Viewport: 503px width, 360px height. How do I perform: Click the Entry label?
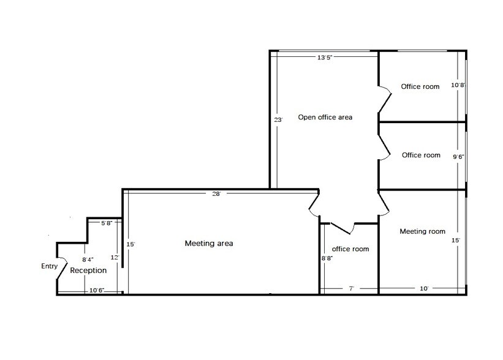click(50, 266)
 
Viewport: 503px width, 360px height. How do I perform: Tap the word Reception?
click(88, 270)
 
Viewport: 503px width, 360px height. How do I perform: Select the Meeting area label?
click(209, 243)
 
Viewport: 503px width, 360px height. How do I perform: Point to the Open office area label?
click(325, 118)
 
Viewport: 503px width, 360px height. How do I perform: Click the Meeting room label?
click(423, 231)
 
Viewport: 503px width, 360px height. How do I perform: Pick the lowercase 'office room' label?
click(350, 249)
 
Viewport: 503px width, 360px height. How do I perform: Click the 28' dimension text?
click(216, 194)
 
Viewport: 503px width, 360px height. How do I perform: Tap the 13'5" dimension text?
click(325, 58)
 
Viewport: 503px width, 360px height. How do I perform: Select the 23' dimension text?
click(278, 120)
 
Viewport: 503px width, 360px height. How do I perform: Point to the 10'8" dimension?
click(458, 85)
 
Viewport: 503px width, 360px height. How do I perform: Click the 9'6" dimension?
click(458, 157)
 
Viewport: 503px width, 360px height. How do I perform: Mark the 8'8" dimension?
click(327, 258)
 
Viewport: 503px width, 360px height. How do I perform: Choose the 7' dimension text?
click(351, 288)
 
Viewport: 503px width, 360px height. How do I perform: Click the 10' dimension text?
click(424, 288)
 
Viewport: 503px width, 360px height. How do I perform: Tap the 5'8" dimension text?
click(107, 223)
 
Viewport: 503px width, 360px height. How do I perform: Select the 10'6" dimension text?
click(97, 290)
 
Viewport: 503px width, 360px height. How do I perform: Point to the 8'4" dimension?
click(88, 260)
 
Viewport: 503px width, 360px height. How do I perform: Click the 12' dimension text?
click(115, 257)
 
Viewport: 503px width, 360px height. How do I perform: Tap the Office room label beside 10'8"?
click(420, 86)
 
